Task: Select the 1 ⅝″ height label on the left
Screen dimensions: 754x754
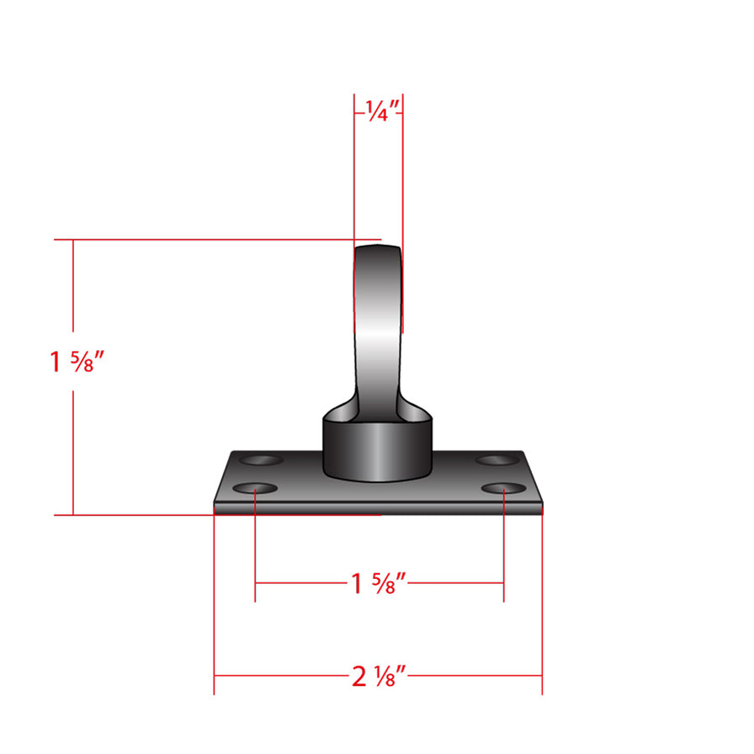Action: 77,363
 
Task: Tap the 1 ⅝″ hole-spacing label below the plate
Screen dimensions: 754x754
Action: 379,582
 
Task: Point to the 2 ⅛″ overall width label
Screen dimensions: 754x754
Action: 379,675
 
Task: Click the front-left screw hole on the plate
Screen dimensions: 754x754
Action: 255,489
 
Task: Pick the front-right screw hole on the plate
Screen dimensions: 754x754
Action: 503,489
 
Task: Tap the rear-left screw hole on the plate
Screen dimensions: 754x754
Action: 263,460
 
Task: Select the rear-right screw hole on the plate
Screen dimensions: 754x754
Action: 496,460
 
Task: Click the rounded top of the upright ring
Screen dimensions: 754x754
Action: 378,249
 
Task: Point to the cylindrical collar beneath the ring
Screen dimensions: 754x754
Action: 378,450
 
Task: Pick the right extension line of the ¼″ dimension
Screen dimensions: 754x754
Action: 402,210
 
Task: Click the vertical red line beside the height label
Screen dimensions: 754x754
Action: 73,438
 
